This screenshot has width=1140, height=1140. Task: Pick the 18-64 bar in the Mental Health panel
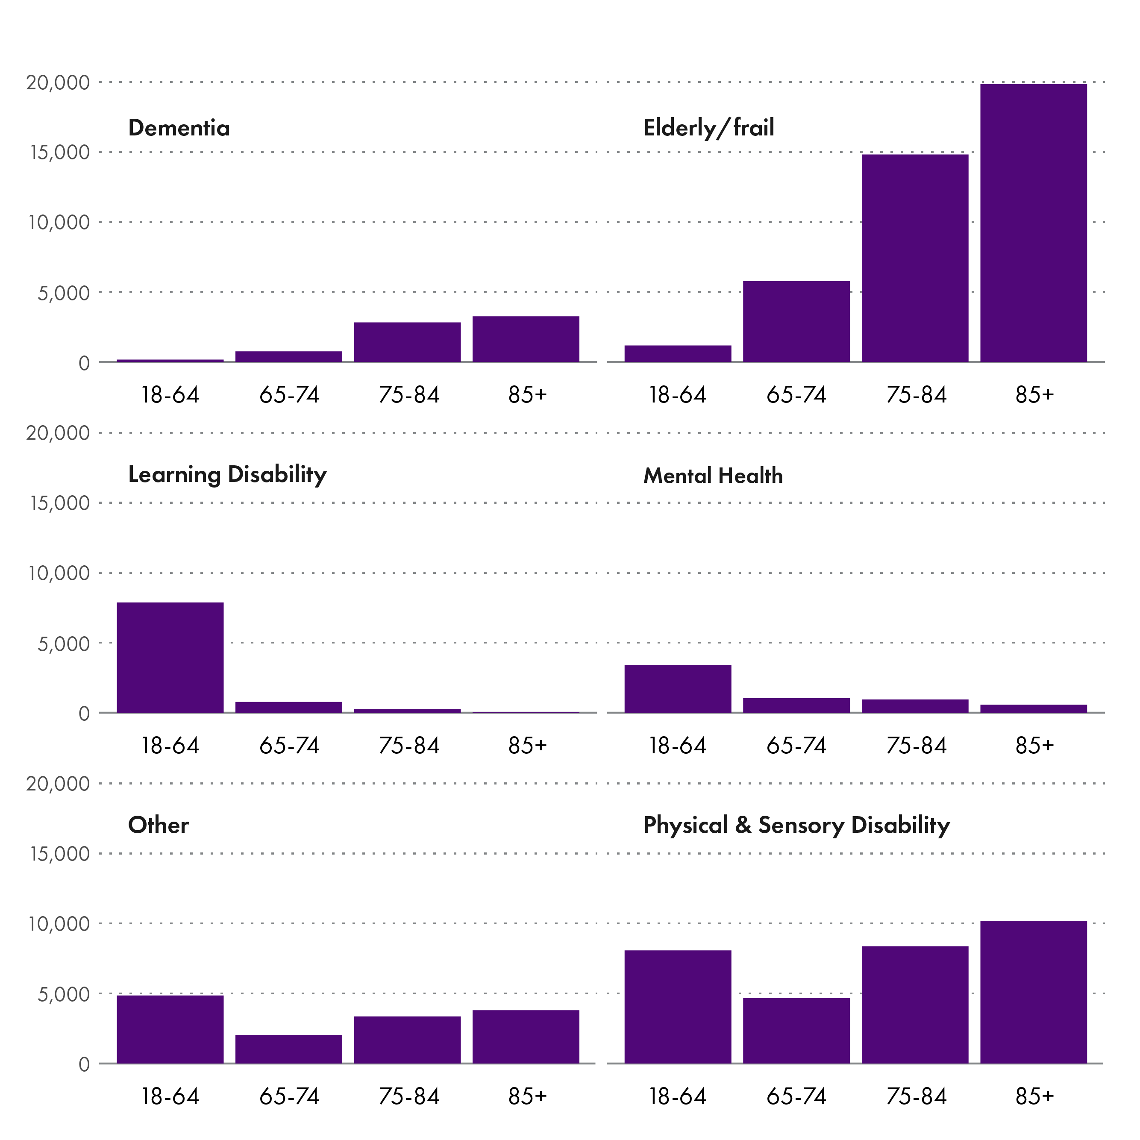pos(677,689)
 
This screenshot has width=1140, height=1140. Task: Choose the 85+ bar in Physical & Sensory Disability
pos(1033,992)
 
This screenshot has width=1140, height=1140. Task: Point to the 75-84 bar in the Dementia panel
pos(407,342)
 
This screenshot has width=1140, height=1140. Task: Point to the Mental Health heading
pos(713,476)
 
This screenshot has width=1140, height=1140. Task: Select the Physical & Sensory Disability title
pos(796,826)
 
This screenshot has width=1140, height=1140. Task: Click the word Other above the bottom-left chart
pos(158,826)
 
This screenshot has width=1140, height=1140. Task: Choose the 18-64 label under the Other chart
pos(170,1097)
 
